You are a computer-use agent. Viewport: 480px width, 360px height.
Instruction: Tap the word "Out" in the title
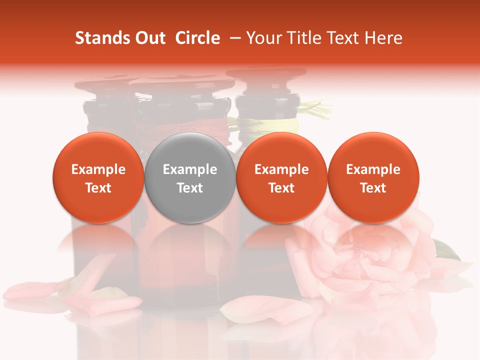[x=149, y=38]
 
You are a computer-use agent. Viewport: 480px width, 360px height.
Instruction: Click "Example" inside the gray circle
[x=190, y=169]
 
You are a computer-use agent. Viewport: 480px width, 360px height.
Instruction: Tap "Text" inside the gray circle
[x=190, y=188]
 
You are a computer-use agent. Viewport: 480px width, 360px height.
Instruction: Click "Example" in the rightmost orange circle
[x=373, y=169]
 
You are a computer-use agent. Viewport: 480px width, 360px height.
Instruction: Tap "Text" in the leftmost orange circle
[x=98, y=188]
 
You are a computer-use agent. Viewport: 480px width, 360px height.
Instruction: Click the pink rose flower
[x=365, y=250]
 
